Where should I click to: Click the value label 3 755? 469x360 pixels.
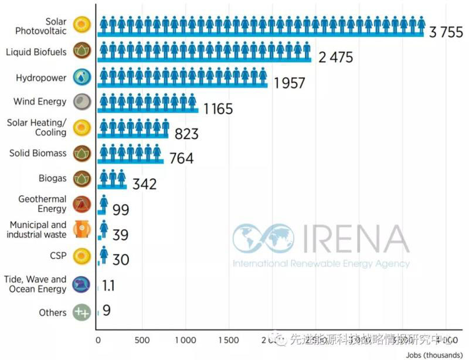tap(446, 32)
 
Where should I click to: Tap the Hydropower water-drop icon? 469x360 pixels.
tap(81, 77)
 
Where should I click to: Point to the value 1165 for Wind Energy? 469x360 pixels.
tap(217, 108)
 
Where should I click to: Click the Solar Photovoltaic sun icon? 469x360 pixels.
tap(81, 25)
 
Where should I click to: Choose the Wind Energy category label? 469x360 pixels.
tap(40, 101)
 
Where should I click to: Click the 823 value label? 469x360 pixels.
tap(186, 134)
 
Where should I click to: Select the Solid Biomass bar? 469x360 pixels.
tap(131, 154)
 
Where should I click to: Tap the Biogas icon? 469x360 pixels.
tap(81, 177)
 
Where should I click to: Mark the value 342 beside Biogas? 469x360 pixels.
tap(144, 184)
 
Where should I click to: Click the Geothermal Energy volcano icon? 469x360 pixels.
tap(81, 204)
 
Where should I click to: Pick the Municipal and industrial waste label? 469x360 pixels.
tap(36, 229)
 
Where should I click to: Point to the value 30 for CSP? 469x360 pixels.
tap(120, 260)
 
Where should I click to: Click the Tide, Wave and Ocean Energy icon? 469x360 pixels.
tap(81, 285)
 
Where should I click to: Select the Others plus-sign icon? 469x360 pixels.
tap(81, 312)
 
